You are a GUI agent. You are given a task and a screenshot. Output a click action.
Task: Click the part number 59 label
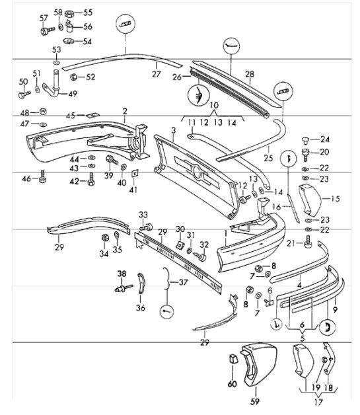254,400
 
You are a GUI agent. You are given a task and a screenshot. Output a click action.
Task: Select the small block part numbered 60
232,360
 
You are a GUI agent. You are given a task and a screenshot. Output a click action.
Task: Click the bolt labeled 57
46,30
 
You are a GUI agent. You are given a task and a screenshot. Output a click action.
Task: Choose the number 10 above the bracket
213,106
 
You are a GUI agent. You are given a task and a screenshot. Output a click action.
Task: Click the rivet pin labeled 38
124,287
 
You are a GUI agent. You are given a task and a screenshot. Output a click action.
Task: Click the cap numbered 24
306,139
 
